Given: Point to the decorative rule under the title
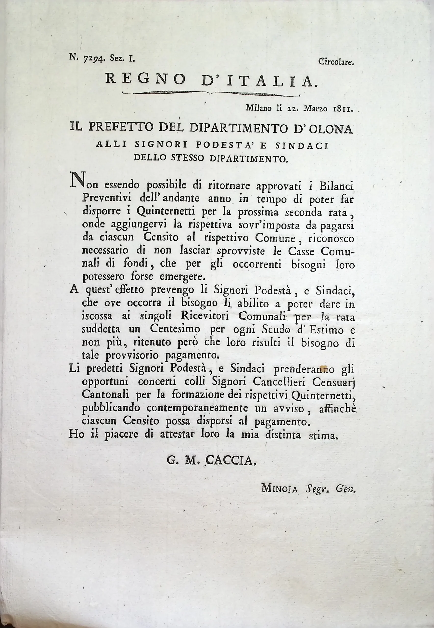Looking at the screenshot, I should pos(211,93).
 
